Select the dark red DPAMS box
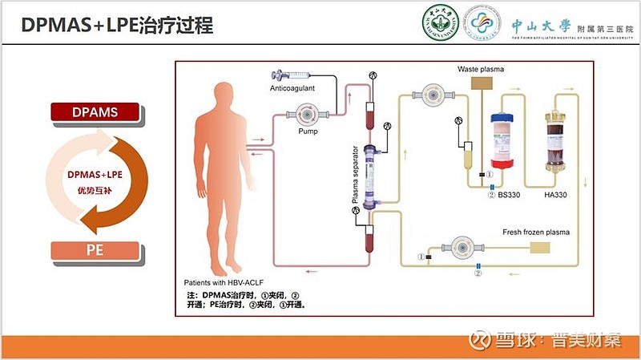[96, 112]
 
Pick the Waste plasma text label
[481, 70]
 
